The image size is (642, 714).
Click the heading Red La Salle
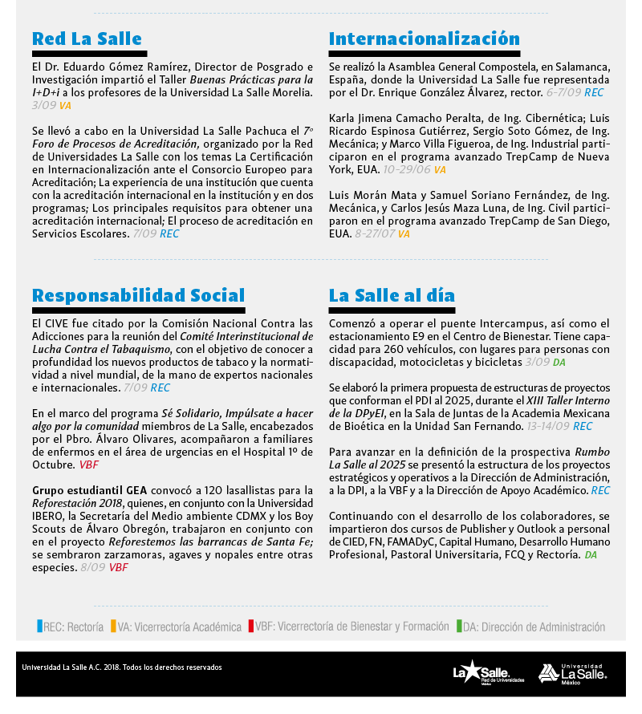87,39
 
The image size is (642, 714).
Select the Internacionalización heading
425,39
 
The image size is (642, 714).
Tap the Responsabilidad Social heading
138,295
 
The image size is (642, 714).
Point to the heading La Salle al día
392,295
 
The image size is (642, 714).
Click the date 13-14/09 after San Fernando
547,426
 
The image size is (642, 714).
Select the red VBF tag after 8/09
118,567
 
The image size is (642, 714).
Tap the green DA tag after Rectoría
591,554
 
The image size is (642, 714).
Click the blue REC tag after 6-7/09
594,93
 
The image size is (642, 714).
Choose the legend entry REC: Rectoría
70,627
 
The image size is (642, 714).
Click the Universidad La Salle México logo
572,674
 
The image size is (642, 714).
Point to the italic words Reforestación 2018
70,503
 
